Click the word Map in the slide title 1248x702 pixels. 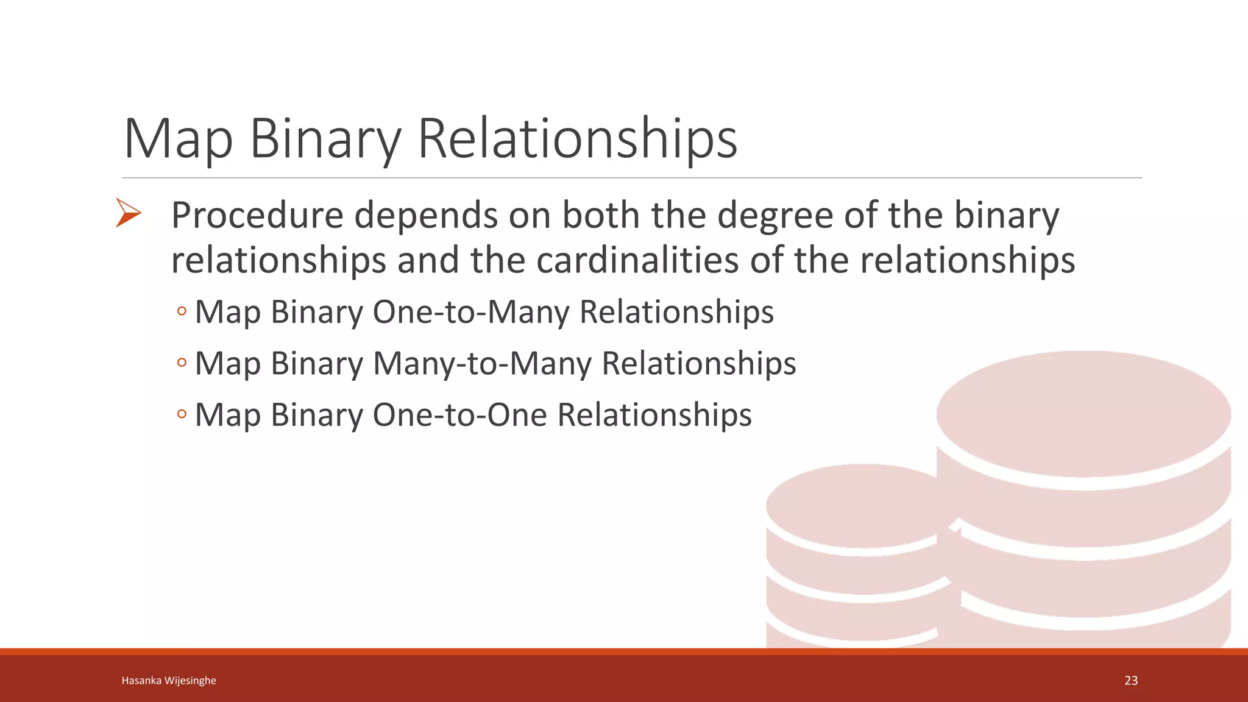point(178,139)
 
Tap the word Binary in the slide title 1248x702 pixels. point(325,139)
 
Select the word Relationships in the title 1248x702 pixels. point(577,139)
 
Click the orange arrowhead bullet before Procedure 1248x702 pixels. point(128,213)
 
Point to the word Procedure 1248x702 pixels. point(257,216)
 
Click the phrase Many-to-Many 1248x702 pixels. point(482,364)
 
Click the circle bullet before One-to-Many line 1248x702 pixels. point(182,312)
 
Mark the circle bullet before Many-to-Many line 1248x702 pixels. point(182,363)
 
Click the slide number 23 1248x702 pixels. point(1131,681)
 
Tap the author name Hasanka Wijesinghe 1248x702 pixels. point(169,681)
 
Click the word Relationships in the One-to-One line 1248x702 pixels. point(654,415)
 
